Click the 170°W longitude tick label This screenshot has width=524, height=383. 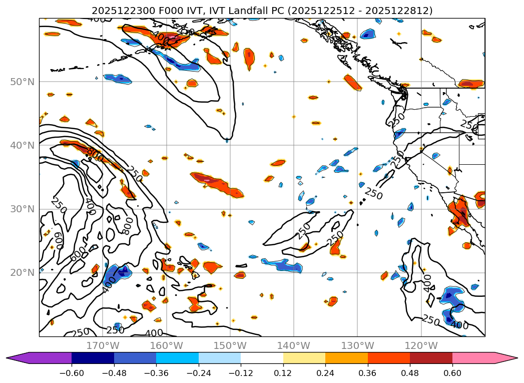click(x=103, y=345)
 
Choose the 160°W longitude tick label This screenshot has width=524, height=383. click(x=166, y=345)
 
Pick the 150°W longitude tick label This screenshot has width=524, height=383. click(x=230, y=345)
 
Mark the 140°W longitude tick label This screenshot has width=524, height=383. click(x=294, y=345)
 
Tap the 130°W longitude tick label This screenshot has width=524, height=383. click(x=357, y=345)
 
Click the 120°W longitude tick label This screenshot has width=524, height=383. click(x=421, y=345)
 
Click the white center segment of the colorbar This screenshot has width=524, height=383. click(x=262, y=357)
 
